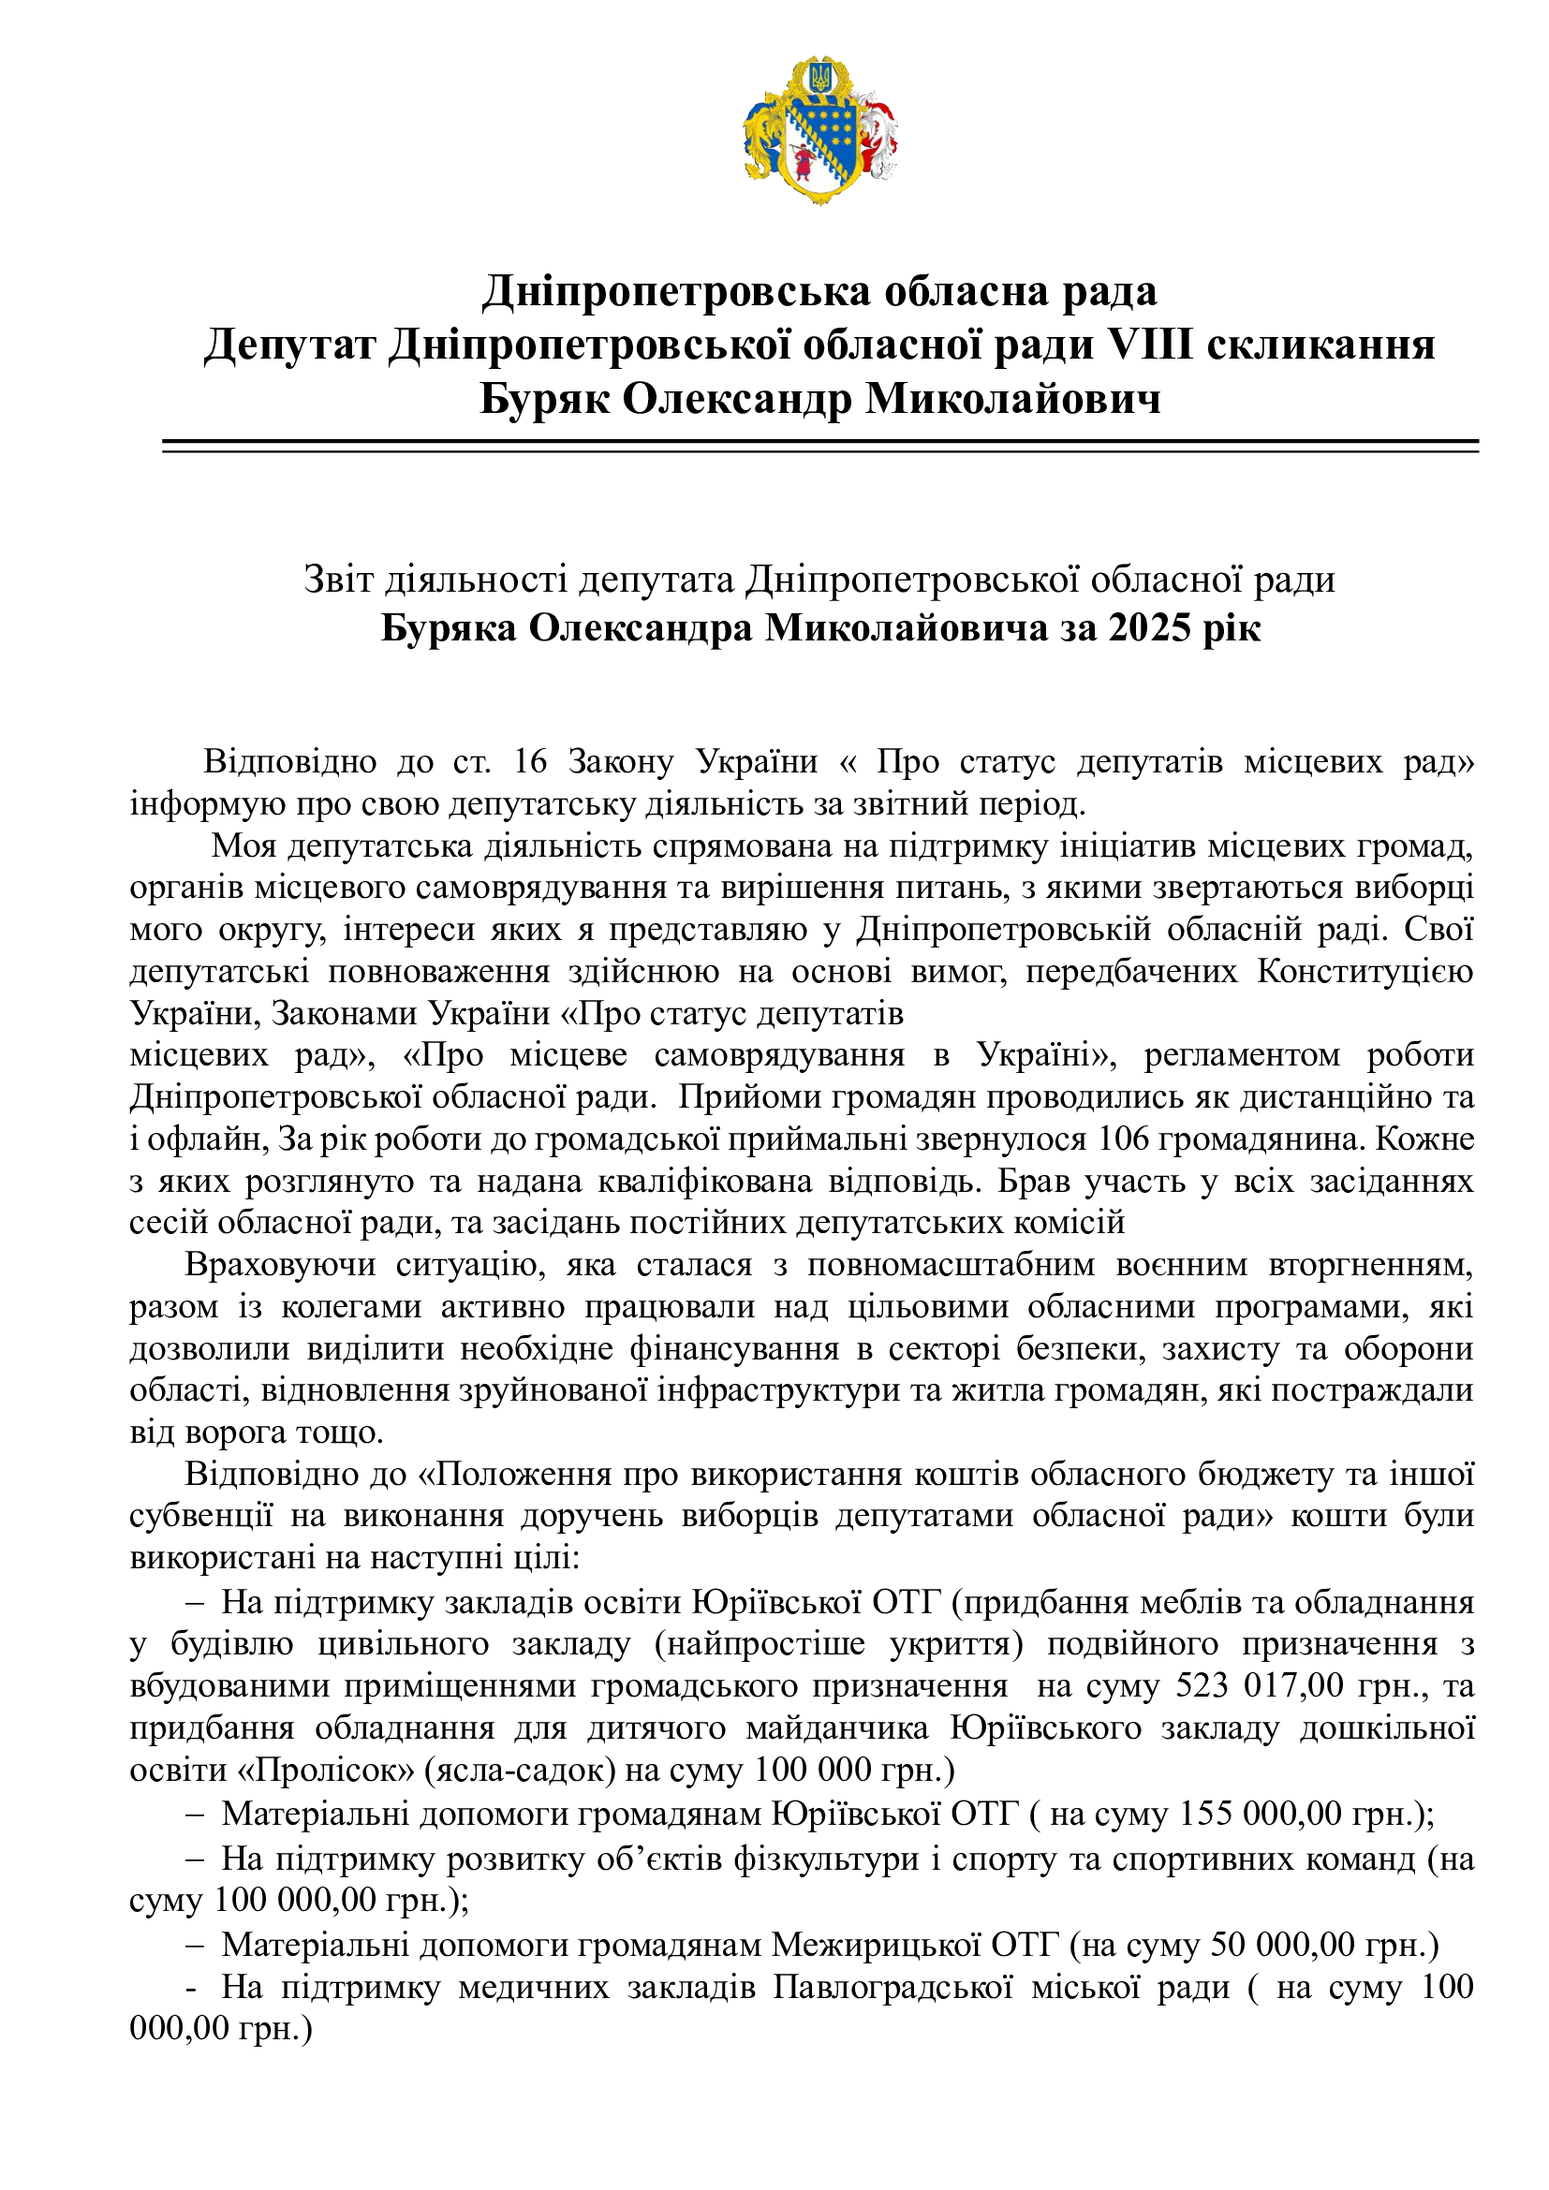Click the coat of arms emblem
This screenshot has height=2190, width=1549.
point(820,131)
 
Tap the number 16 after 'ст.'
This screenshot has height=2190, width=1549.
point(530,762)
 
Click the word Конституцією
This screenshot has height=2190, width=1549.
point(1365,971)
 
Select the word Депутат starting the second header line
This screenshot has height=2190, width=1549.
point(289,344)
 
